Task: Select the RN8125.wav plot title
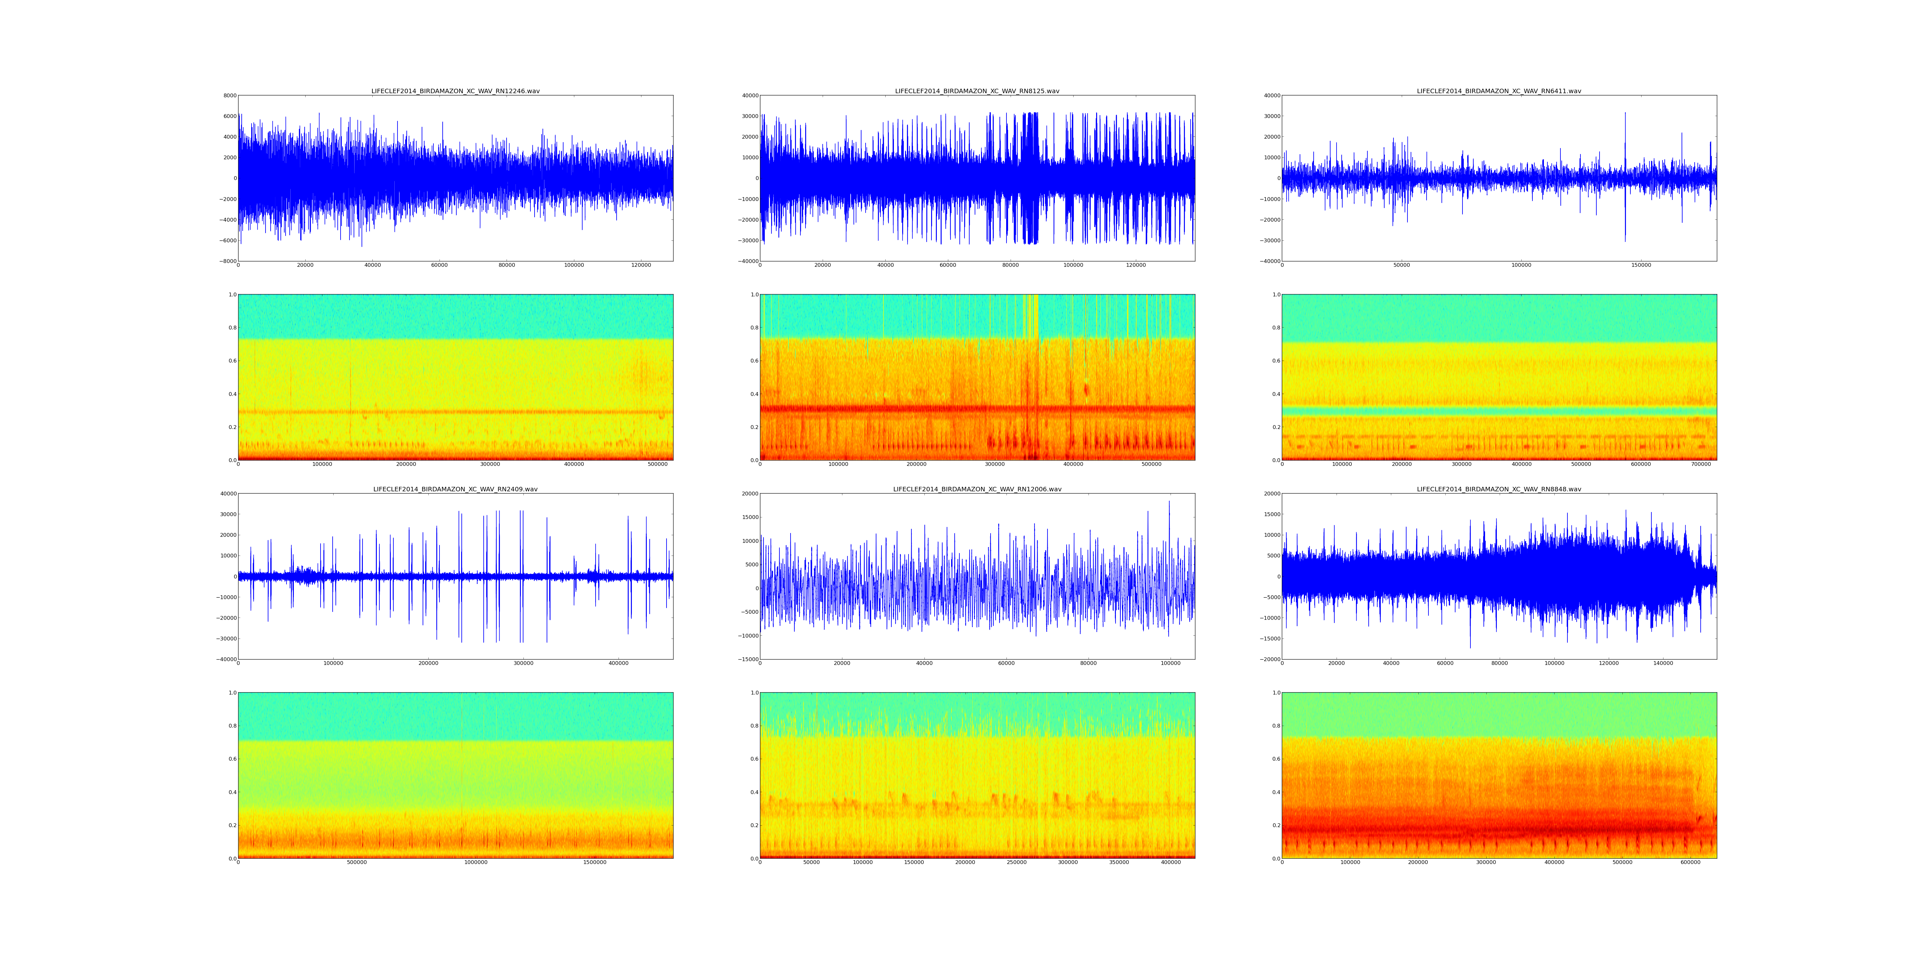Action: [x=977, y=91]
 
